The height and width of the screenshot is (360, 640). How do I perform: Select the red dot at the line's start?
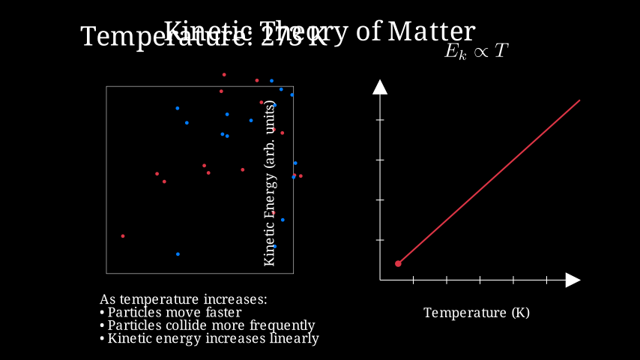tap(398, 263)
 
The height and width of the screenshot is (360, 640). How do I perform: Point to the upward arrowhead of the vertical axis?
tap(380, 87)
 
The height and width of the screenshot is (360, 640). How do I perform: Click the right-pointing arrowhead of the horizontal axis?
tap(573, 280)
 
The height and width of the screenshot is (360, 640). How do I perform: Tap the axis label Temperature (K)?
tap(477, 312)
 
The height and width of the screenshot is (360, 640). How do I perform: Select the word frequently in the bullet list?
tap(281, 325)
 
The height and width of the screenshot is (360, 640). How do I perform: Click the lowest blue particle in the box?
tap(178, 254)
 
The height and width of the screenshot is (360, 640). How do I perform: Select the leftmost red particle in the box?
tap(123, 236)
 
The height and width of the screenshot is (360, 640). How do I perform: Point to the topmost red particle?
tap(224, 74)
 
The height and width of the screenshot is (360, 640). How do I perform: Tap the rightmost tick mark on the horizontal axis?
tap(546, 280)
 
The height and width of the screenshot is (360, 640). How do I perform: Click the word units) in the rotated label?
tap(270, 121)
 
